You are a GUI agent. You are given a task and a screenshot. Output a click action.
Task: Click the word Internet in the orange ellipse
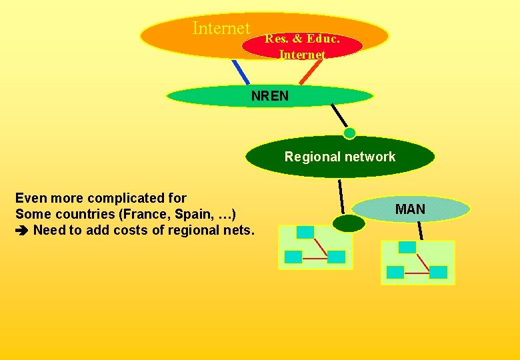click(x=221, y=29)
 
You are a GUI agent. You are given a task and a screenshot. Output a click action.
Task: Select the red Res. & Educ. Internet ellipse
click(x=302, y=46)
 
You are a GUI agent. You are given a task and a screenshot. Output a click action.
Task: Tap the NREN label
click(x=270, y=96)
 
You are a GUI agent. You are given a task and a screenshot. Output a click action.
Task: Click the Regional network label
click(x=339, y=157)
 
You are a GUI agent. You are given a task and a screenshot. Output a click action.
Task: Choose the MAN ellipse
click(x=410, y=209)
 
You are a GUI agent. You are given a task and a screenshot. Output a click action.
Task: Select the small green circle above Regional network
click(x=349, y=133)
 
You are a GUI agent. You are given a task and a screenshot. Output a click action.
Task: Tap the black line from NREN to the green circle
click(x=339, y=115)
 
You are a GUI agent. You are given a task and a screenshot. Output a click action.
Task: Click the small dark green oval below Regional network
click(x=348, y=223)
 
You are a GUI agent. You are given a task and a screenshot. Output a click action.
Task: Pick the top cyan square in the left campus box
click(x=305, y=232)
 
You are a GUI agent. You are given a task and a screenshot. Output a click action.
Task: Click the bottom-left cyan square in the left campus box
click(x=293, y=257)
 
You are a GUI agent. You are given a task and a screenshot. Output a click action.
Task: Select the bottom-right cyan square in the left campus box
click(x=337, y=257)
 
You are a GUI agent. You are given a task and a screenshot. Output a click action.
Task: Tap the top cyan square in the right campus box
click(x=407, y=247)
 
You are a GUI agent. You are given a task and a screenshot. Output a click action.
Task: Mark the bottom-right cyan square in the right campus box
click(x=438, y=272)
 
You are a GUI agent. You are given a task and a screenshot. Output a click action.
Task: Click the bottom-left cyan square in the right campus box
click(x=395, y=272)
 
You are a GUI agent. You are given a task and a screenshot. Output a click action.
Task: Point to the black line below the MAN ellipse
click(x=420, y=230)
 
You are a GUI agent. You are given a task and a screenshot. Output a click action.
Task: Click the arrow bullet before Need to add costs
click(x=22, y=231)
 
